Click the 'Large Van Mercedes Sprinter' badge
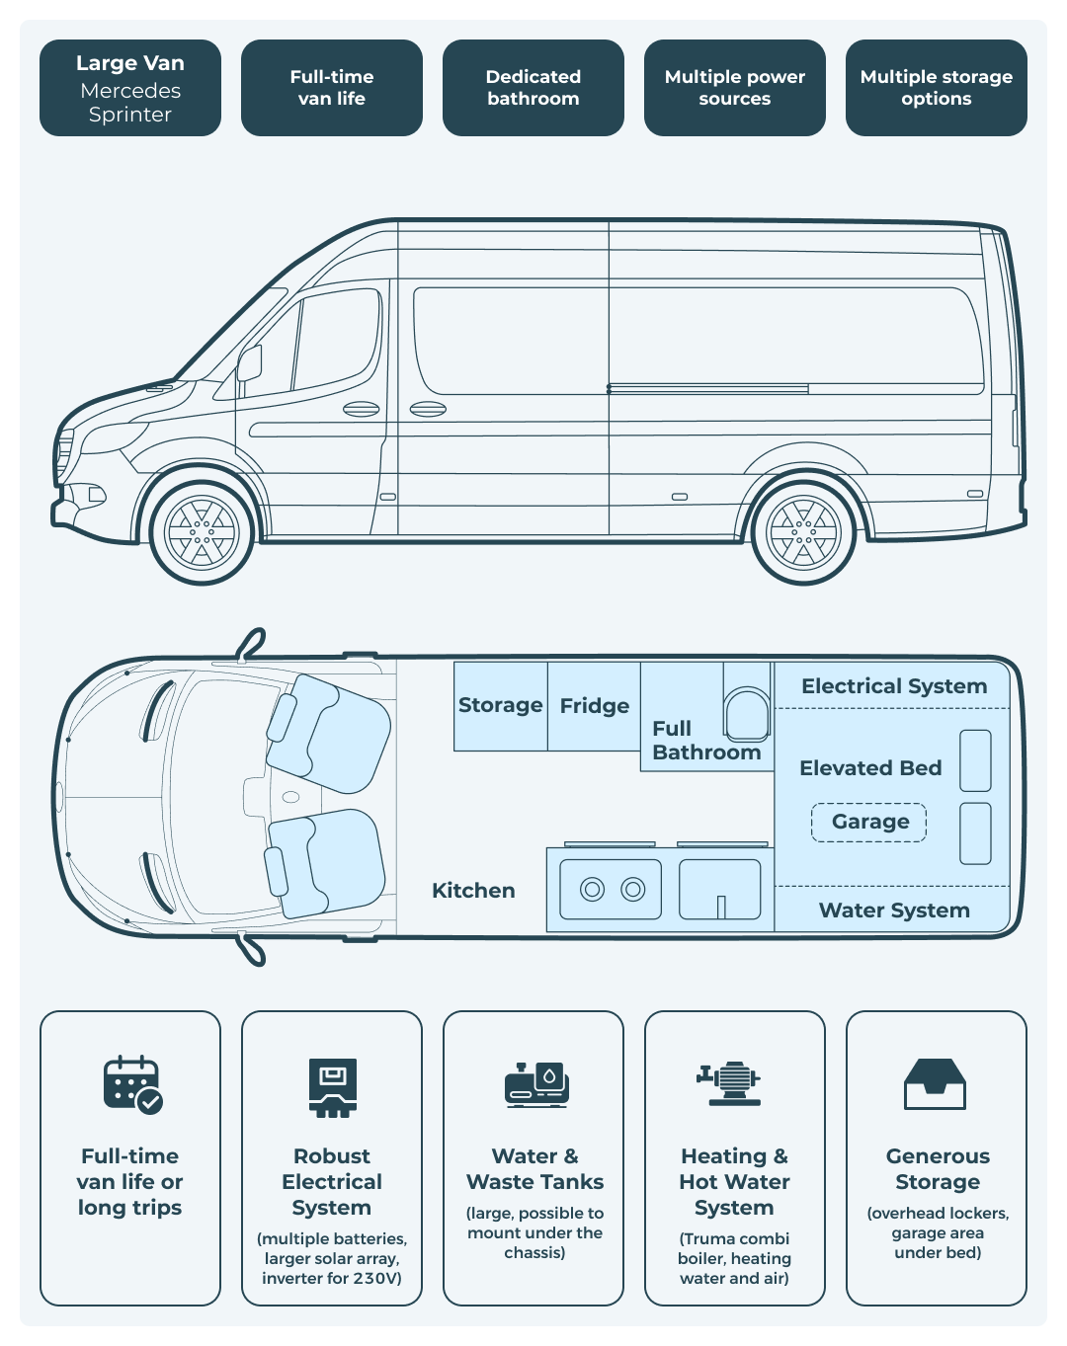[130, 88]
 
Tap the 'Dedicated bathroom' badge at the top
[533, 88]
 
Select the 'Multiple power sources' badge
[735, 88]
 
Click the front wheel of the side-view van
[203, 532]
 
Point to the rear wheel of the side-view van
[803, 532]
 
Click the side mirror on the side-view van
[249, 363]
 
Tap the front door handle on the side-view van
[361, 409]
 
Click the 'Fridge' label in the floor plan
[594, 706]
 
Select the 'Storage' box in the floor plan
[500, 706]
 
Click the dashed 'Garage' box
[869, 822]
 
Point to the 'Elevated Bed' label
[870, 768]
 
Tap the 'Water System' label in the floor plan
[894, 911]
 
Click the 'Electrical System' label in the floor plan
[894, 686]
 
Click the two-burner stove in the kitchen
[612, 890]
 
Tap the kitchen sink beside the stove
[720, 890]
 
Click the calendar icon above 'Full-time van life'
[132, 1085]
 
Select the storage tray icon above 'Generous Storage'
[936, 1084]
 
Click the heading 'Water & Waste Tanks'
[534, 1169]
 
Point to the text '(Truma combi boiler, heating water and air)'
[734, 1258]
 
